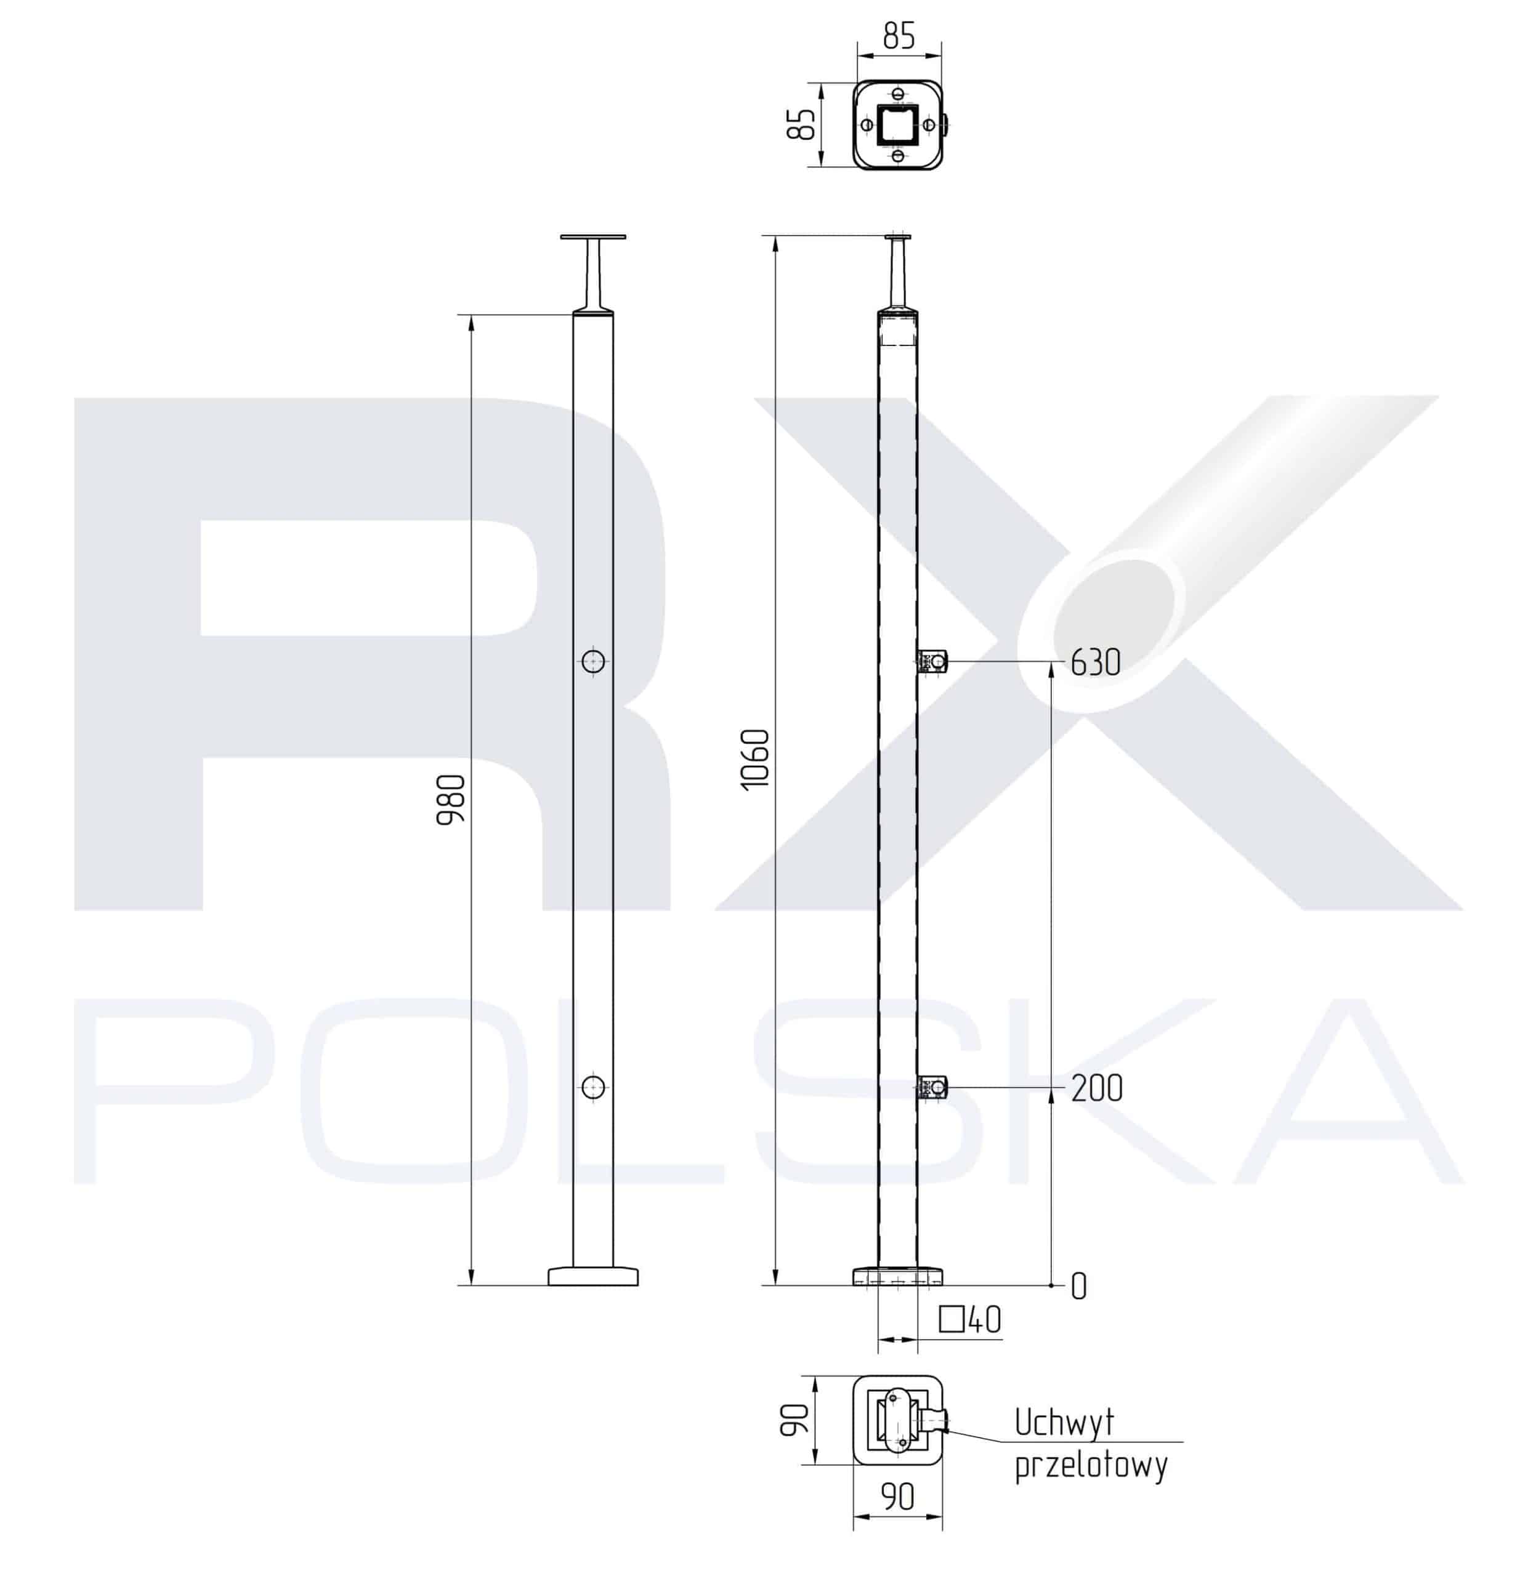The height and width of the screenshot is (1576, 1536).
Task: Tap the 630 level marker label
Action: [1096, 662]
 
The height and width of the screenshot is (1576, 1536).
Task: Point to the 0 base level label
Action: [1078, 1287]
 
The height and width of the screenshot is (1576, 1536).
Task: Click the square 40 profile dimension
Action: [971, 1321]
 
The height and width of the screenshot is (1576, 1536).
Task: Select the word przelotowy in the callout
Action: [1091, 1466]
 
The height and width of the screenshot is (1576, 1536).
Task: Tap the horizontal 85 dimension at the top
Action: [899, 36]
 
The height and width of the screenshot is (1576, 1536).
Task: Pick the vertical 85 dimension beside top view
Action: [802, 124]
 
